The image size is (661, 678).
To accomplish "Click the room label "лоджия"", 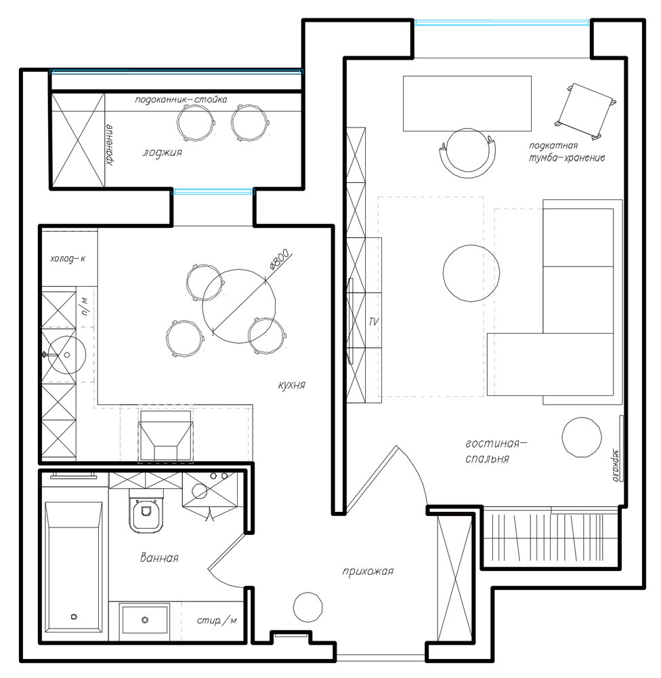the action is click(163, 153).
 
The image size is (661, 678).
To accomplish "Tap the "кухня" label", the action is click(292, 385).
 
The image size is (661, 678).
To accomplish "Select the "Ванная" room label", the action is click(159, 557).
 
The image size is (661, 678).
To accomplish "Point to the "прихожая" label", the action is click(368, 572).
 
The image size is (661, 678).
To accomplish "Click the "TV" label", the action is click(374, 321).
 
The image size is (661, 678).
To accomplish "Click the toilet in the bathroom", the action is click(146, 511).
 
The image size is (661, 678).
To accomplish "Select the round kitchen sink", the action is click(66, 355).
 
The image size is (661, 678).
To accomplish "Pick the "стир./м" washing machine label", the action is click(217, 621).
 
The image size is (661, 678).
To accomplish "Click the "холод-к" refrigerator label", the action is click(68, 259).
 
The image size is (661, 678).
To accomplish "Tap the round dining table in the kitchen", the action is click(239, 306).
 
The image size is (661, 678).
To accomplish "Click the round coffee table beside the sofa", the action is click(471, 273).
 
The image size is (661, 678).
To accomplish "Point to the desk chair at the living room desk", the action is click(467, 152).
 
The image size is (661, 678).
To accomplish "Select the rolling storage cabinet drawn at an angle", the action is click(585, 111).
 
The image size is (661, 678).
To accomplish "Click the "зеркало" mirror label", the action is click(615, 464).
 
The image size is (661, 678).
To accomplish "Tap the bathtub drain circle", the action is click(74, 616).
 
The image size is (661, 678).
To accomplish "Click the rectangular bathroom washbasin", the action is click(145, 620).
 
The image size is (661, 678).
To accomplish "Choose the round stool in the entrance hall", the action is click(308, 607).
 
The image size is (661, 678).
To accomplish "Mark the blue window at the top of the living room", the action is click(502, 22).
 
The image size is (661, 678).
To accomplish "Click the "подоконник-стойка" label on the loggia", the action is click(181, 100).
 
